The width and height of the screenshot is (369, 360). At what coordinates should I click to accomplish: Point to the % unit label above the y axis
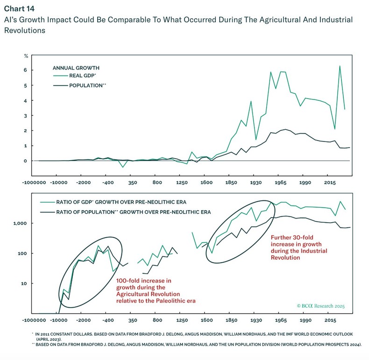coord(26,56)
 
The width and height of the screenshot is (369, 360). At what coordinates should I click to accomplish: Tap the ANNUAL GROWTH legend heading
coord(76,68)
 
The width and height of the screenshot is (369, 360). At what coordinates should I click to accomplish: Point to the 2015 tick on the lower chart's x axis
coord(330,321)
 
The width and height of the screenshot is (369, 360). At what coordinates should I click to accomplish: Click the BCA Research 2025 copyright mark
coord(320,306)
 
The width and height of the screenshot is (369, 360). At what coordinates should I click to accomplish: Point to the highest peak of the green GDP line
coord(340,66)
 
